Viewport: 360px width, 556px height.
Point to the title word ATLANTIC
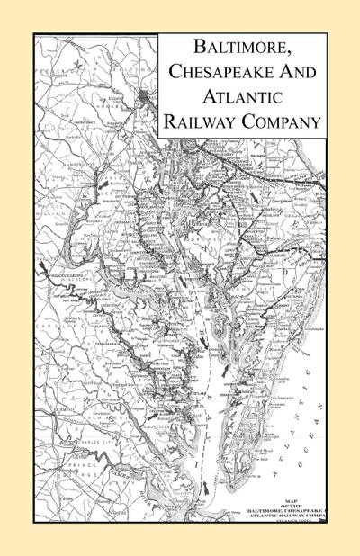tap(241, 99)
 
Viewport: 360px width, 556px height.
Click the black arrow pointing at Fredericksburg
tap(42, 263)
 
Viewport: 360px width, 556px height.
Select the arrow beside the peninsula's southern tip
tap(208, 486)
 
